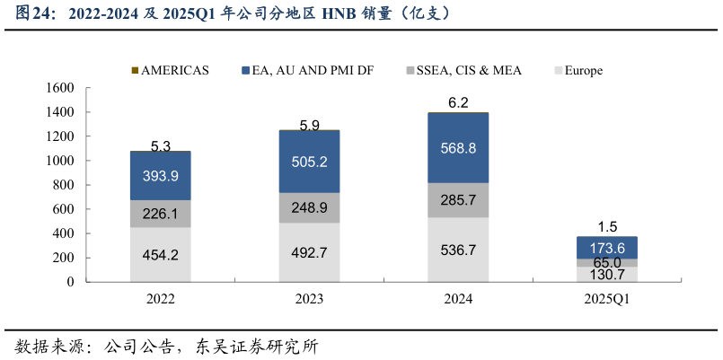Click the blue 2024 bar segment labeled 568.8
458,148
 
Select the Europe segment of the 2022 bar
160,254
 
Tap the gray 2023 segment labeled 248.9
309,207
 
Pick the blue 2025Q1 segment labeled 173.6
607,247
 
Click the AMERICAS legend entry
170,70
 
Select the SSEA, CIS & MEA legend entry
463,70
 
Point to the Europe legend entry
578,70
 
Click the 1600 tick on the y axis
59,88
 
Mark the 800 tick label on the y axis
63,185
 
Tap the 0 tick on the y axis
70,282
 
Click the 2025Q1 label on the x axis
607,299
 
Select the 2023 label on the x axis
309,299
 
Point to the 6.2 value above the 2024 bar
458,103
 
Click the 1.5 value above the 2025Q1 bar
607,227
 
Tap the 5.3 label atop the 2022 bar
160,145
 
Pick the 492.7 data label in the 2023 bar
309,252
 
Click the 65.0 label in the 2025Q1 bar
607,263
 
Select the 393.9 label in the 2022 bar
160,175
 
